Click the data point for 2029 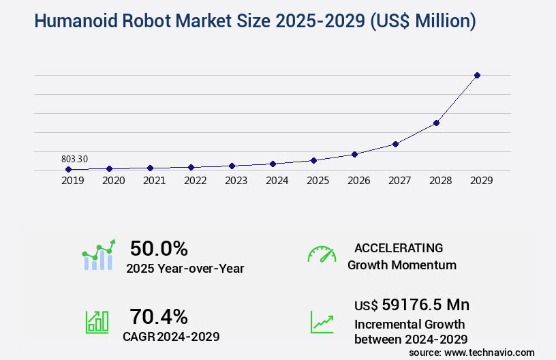coord(477,75)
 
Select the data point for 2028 coord(436,123)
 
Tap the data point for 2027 coord(395,144)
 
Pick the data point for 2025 coord(313,160)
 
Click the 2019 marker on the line coord(68,169)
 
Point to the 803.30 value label coord(74,159)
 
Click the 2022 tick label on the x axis coord(195,181)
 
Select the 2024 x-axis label coord(277,181)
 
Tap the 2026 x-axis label coord(358,181)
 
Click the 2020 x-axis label coord(113,181)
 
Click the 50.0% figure coord(159,248)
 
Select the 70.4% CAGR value coord(159,316)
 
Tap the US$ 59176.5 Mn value coord(412,304)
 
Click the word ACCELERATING coord(399,247)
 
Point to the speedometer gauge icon coord(322,254)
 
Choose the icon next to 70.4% coord(97,322)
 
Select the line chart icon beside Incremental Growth coord(322,322)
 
